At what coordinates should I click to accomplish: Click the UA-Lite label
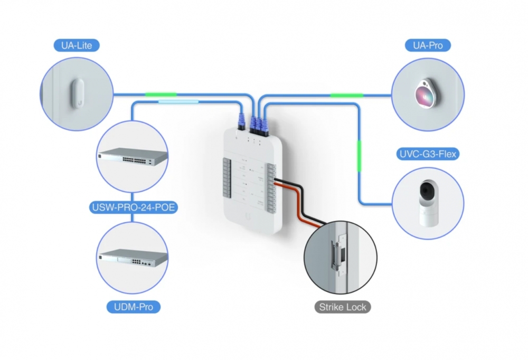click(x=77, y=45)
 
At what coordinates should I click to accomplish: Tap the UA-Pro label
click(x=428, y=45)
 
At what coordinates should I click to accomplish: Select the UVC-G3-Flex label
click(x=428, y=155)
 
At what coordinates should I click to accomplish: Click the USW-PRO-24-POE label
click(x=133, y=207)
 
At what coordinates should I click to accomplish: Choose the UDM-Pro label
click(x=133, y=307)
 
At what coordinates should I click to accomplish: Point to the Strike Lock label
click(x=342, y=307)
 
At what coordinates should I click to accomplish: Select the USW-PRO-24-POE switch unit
click(x=133, y=157)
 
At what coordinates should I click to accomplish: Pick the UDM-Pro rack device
click(x=133, y=257)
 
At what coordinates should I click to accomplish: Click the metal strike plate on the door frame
click(x=336, y=254)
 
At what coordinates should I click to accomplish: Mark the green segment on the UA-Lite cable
click(x=161, y=94)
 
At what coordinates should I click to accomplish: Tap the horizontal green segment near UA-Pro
click(x=346, y=95)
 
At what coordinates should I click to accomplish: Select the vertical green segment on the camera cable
click(x=359, y=155)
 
